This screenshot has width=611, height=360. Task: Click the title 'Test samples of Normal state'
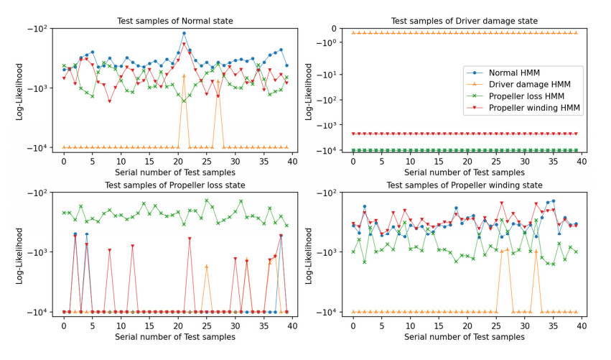point(175,21)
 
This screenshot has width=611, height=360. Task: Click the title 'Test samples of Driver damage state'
point(464,21)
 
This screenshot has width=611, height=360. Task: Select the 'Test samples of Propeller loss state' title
point(175,185)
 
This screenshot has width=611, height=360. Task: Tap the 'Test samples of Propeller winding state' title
point(464,185)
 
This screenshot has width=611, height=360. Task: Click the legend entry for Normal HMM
point(514,73)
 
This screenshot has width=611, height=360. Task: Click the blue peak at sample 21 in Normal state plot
point(184,33)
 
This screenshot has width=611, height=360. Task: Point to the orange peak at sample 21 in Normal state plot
point(184,75)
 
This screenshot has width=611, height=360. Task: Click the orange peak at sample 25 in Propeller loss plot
point(207,266)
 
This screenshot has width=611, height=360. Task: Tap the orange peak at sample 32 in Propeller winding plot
point(536,251)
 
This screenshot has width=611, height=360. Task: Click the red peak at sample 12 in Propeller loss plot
point(132,246)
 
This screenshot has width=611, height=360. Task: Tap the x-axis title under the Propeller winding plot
point(464,337)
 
